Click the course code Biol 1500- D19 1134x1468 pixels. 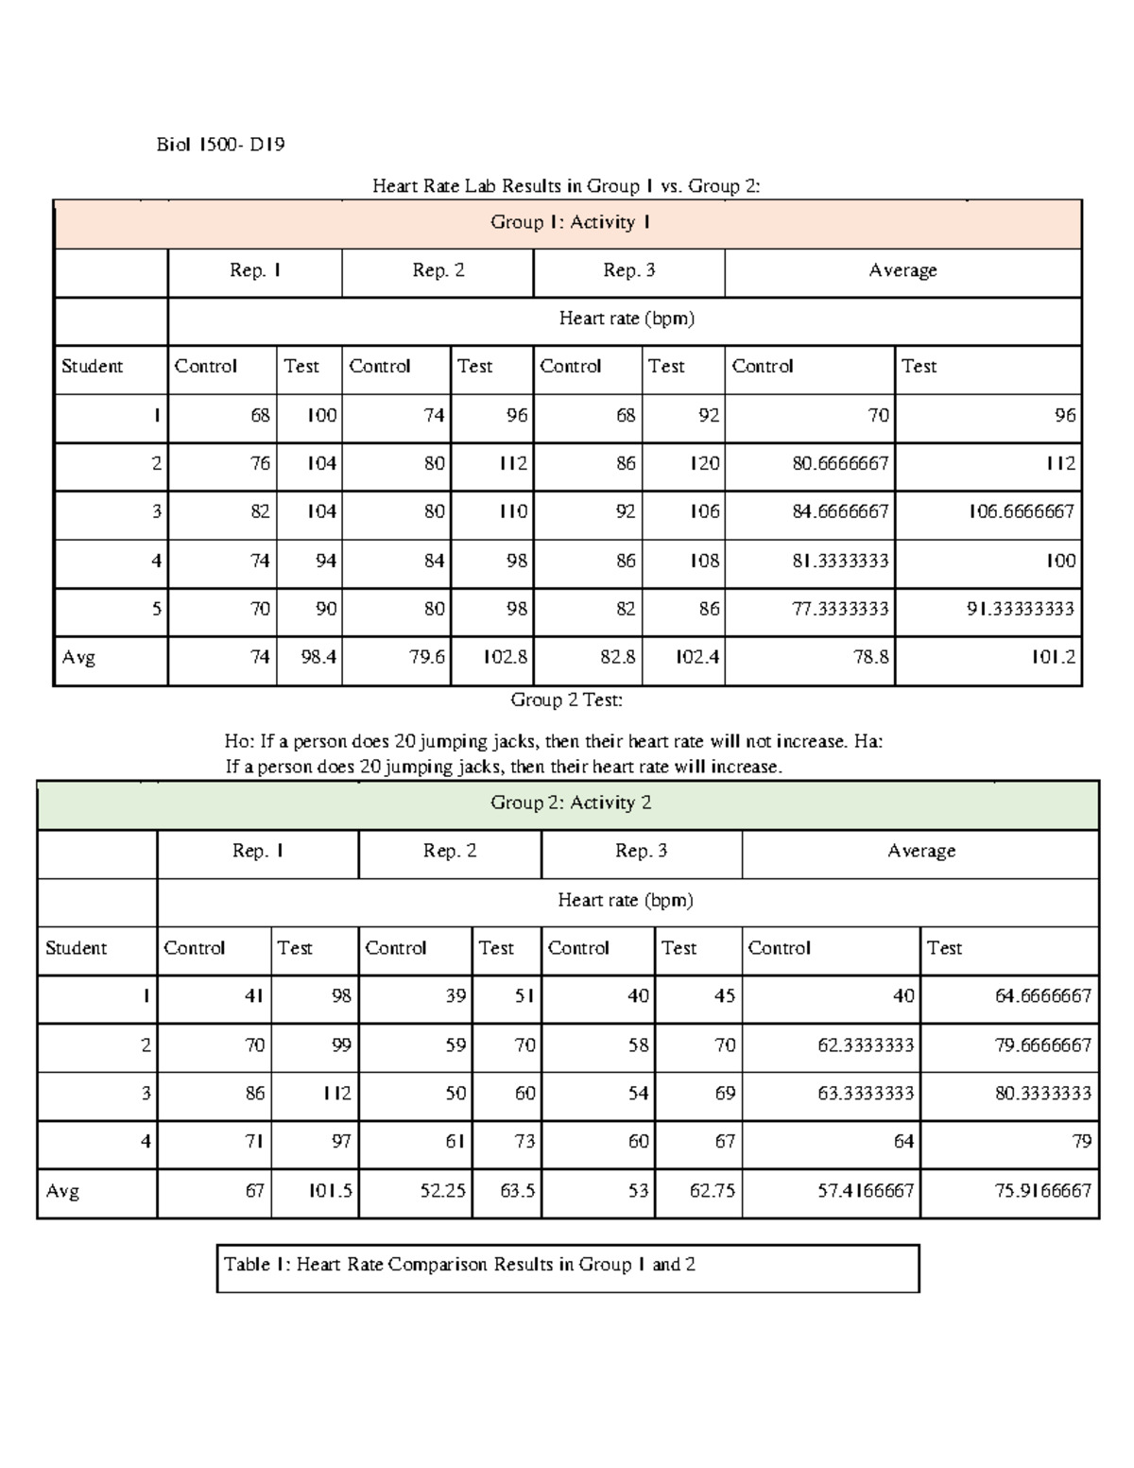(x=220, y=145)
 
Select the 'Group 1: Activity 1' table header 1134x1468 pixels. (x=569, y=223)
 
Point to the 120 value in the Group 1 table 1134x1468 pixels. (x=704, y=464)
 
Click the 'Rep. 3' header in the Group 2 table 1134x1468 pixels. (x=641, y=852)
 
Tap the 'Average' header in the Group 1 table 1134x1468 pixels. (x=902, y=271)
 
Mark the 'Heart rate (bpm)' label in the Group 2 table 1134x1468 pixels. (x=626, y=901)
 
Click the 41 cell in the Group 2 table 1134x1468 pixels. (x=253, y=996)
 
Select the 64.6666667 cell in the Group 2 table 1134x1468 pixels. (x=1042, y=996)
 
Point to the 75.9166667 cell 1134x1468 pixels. (x=1042, y=1191)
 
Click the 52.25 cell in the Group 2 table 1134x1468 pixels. (x=443, y=1191)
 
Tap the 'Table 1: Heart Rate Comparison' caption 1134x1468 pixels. (x=459, y=1265)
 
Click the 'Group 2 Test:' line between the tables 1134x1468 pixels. (x=566, y=700)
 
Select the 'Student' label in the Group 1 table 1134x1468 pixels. (x=92, y=367)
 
